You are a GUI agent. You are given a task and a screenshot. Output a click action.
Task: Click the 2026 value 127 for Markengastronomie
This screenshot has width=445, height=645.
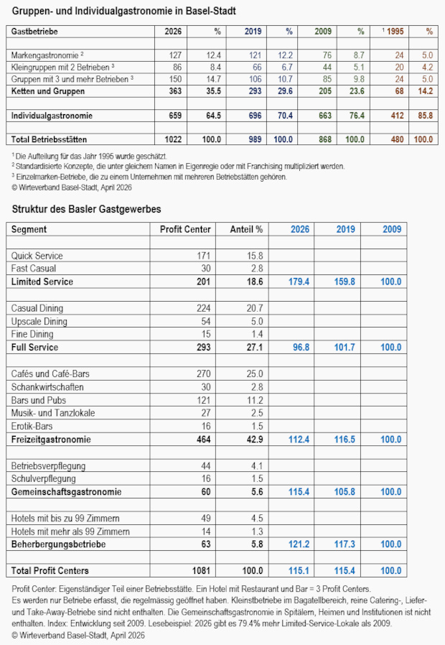pyautogui.click(x=174, y=55)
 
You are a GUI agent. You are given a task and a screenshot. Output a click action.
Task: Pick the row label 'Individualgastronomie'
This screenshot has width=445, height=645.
pyautogui.click(x=52, y=115)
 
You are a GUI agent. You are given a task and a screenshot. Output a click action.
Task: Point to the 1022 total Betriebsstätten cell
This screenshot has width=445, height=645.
pyautogui.click(x=172, y=139)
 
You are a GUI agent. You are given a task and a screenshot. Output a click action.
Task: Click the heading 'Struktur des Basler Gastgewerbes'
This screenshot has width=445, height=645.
pyautogui.click(x=87, y=209)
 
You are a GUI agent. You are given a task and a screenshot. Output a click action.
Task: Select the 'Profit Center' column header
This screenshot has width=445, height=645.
pyautogui.click(x=185, y=230)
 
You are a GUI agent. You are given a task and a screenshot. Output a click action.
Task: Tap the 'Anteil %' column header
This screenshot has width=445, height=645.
pyautogui.click(x=246, y=230)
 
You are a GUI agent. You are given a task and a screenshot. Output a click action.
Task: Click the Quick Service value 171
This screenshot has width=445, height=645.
pyautogui.click(x=204, y=256)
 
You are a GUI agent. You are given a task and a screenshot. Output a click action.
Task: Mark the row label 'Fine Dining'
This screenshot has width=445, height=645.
pyautogui.click(x=32, y=334)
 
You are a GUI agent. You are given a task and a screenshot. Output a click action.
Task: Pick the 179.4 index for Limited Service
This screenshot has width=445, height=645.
pyautogui.click(x=298, y=282)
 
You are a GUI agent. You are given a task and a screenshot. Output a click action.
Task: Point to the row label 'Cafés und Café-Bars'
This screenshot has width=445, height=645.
pyautogui.click(x=47, y=374)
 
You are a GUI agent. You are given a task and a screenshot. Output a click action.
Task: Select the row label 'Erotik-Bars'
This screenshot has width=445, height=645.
pyautogui.click(x=32, y=426)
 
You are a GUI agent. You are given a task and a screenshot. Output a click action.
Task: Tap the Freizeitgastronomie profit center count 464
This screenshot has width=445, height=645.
pyautogui.click(x=203, y=439)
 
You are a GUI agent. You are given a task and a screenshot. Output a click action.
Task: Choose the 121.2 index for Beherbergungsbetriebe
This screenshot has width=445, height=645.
pyautogui.click(x=298, y=544)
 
